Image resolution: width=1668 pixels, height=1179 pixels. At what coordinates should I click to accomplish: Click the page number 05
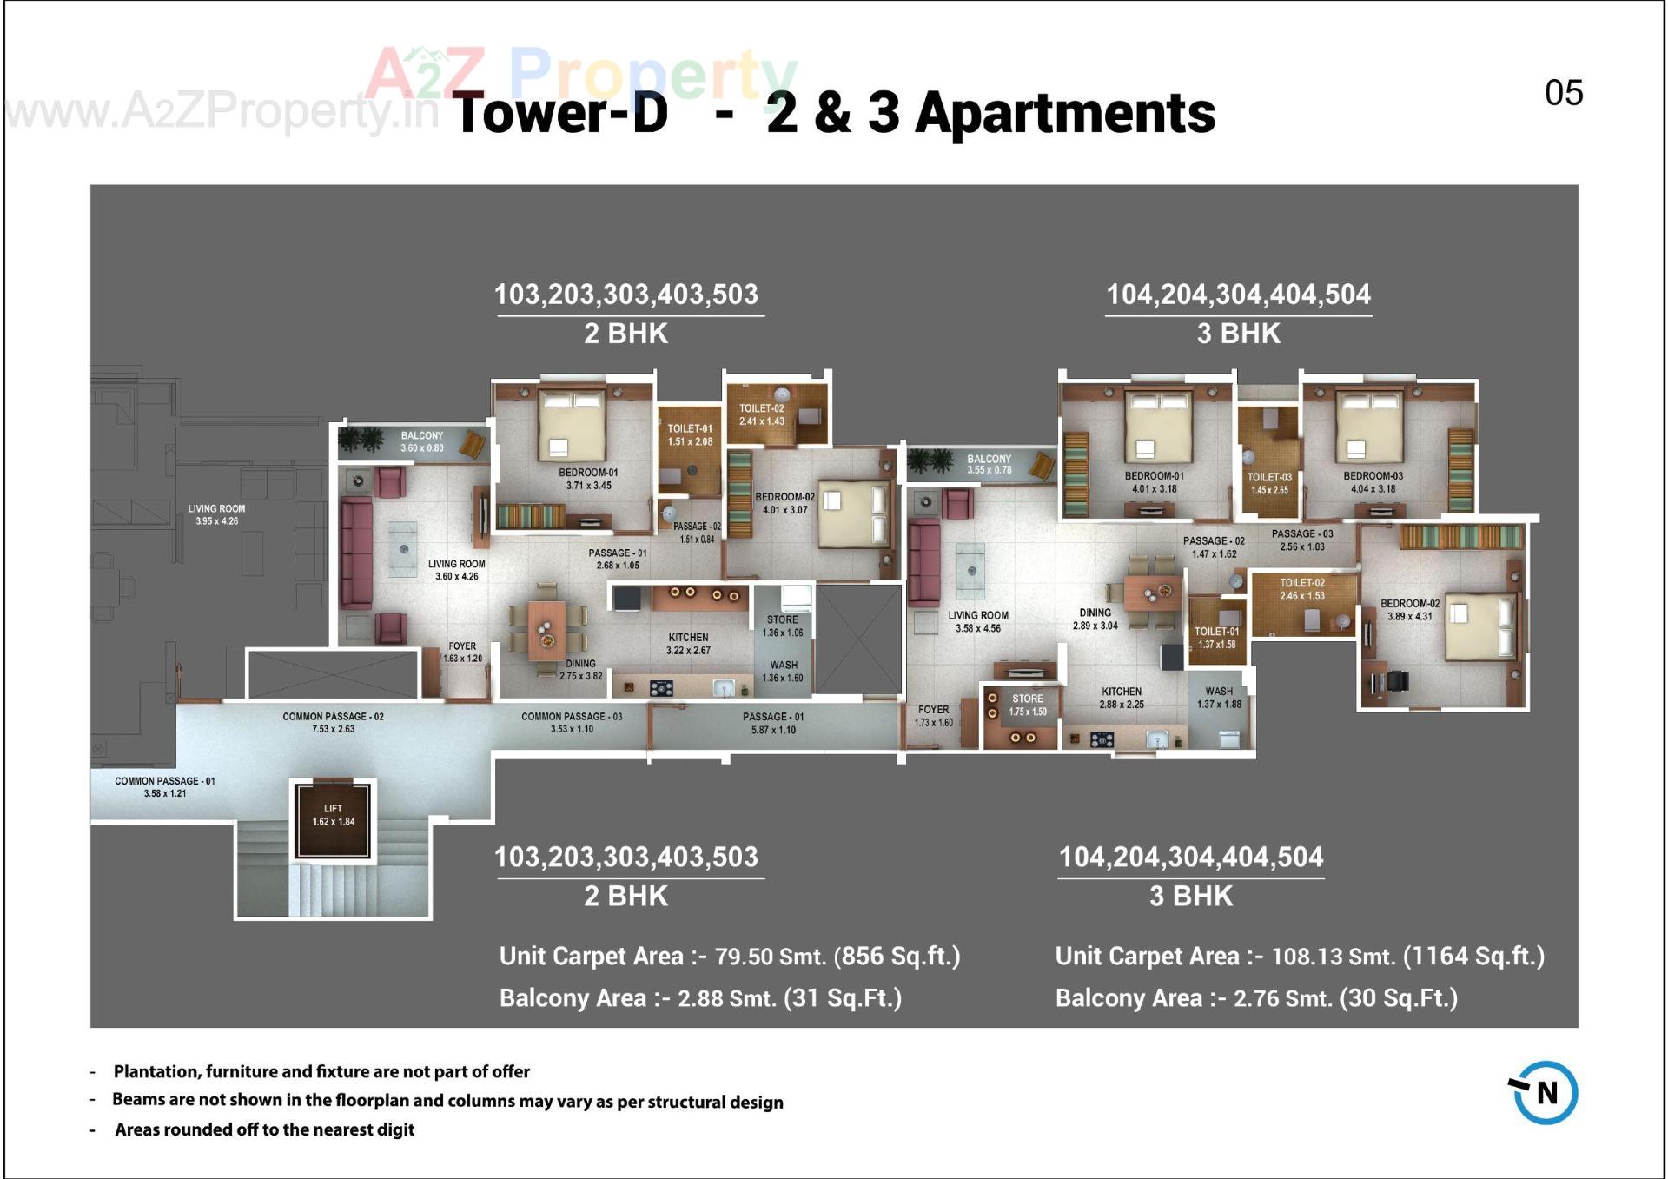[x=1563, y=93]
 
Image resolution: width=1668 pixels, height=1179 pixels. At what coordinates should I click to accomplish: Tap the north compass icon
[x=1545, y=1092]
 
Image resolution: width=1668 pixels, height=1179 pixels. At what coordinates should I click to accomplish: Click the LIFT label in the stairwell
[x=334, y=815]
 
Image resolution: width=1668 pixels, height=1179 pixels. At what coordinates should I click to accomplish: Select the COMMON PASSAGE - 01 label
[x=165, y=786]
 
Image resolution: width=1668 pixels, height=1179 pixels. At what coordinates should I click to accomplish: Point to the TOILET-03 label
[x=1269, y=483]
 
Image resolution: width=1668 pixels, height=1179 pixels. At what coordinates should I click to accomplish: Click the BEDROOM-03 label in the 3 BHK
[x=1373, y=482]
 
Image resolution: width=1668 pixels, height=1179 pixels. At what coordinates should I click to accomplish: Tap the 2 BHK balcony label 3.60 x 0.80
[x=422, y=441]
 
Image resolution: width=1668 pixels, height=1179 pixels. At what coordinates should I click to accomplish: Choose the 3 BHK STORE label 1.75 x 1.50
[x=1028, y=705]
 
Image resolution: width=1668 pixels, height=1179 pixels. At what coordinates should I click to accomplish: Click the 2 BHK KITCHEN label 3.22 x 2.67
[x=688, y=644]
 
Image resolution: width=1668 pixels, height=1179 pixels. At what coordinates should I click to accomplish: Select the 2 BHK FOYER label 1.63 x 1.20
[x=462, y=652]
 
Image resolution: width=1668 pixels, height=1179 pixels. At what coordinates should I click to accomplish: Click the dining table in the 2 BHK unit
[x=547, y=628]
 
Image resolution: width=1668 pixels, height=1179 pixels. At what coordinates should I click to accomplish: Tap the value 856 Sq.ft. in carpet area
[x=897, y=956]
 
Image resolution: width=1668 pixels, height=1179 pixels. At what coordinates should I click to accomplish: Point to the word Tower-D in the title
[x=561, y=113]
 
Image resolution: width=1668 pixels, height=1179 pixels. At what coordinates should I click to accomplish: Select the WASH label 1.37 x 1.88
[x=1219, y=698]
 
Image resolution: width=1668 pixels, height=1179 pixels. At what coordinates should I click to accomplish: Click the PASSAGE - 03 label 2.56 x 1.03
[x=1301, y=540]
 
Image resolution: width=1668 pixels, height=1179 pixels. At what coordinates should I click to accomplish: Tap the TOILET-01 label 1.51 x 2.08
[x=690, y=434]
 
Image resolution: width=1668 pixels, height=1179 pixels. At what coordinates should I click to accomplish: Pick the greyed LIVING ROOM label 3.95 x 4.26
[x=216, y=514]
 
